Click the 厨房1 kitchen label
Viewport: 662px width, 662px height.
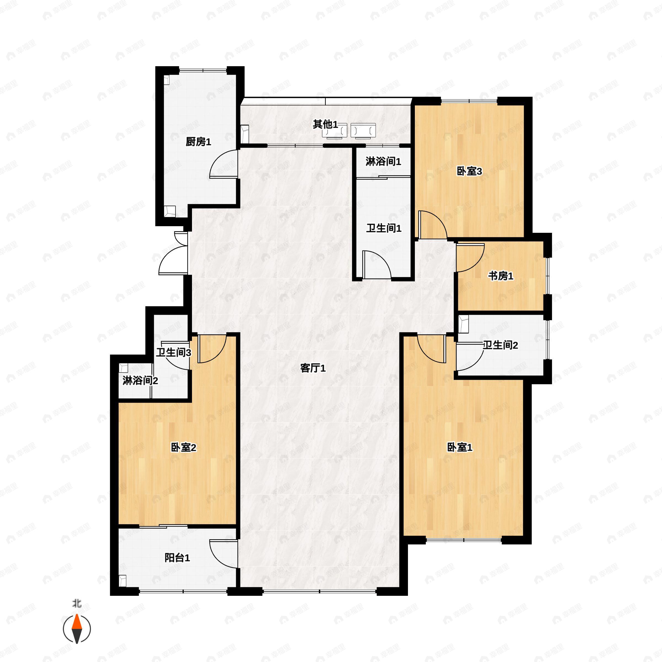(x=198, y=142)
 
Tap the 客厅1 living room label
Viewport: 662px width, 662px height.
(x=313, y=368)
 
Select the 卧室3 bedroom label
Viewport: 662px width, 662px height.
(x=469, y=171)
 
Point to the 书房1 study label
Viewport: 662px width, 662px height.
(x=501, y=276)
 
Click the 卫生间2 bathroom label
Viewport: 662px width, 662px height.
(x=500, y=345)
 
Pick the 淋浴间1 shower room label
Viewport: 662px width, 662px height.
(x=383, y=161)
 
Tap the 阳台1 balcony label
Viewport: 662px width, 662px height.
(x=177, y=558)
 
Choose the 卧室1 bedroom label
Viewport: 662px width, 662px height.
(x=460, y=447)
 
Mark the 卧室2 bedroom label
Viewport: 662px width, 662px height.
(x=184, y=447)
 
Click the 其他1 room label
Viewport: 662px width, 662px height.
(x=325, y=124)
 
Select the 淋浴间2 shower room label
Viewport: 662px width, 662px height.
(x=140, y=380)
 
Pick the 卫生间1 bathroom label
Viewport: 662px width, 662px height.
(x=384, y=228)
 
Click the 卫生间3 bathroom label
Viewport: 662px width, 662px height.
(x=173, y=352)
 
